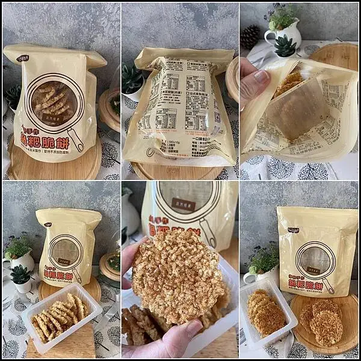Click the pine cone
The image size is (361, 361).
(249, 36)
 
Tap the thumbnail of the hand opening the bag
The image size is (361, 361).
(299, 90)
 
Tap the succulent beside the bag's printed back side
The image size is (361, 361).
(132, 78)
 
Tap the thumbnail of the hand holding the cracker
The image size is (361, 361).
(180, 271)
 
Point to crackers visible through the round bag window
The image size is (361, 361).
(52, 100)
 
